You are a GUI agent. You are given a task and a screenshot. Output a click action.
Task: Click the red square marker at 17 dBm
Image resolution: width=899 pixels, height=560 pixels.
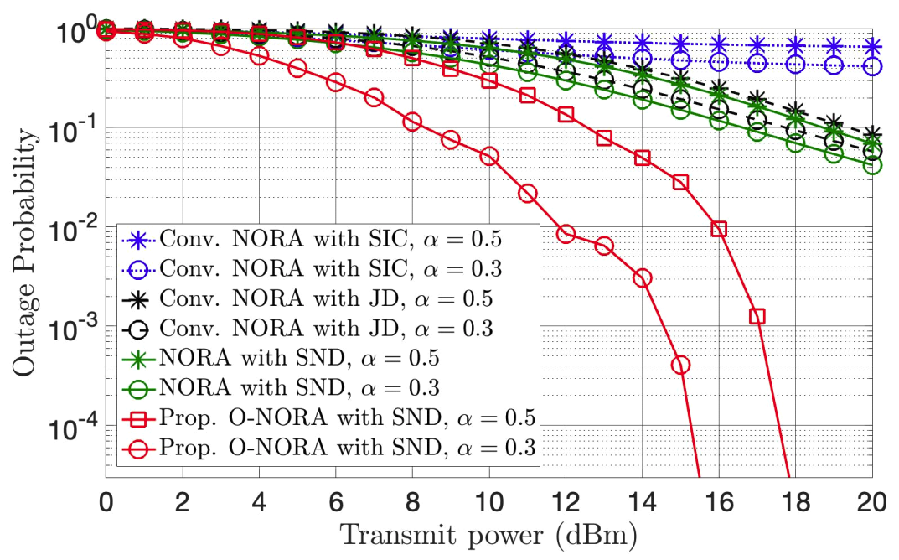757,317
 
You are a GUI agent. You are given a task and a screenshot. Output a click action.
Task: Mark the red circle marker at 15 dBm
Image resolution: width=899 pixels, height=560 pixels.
680,365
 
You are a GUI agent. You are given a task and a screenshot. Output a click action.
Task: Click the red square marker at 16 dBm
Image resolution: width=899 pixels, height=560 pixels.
719,229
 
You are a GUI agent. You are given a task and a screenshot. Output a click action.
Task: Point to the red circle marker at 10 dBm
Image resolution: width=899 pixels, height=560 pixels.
489,157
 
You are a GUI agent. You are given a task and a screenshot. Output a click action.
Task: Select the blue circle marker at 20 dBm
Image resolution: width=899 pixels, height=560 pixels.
872,66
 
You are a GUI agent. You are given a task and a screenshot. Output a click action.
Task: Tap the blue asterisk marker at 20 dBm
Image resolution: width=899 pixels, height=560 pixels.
872,47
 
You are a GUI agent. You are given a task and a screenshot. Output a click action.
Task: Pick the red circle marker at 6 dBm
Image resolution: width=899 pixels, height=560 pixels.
336,82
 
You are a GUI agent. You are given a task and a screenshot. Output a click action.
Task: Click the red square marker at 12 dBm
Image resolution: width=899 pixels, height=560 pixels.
566,114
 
